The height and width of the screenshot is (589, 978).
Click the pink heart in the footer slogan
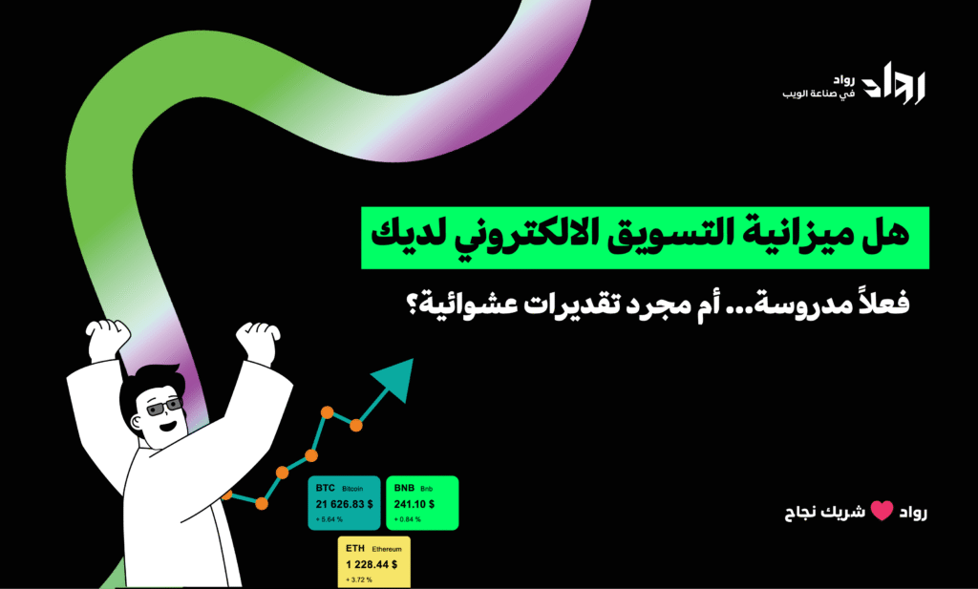click(881, 512)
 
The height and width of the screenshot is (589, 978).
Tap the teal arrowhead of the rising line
click(398, 377)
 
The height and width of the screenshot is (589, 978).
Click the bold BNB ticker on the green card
click(404, 487)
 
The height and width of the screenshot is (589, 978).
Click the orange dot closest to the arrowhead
click(355, 423)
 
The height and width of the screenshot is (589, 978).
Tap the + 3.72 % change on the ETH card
click(362, 579)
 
